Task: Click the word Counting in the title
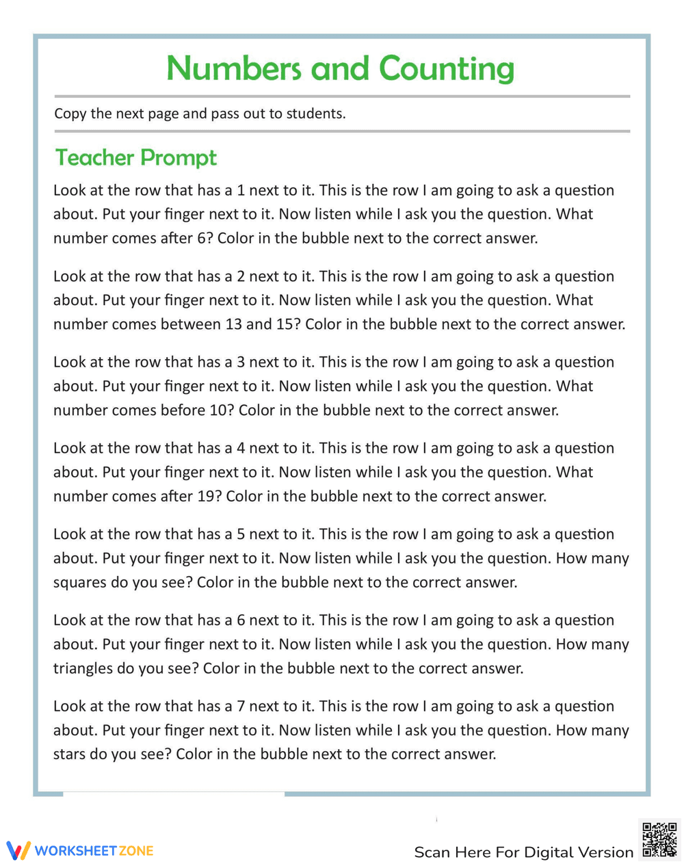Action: tap(446, 68)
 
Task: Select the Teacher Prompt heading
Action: tap(135, 157)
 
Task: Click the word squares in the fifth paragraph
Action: tap(80, 583)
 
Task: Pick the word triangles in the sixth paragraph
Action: tap(83, 668)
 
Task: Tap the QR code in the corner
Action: tap(659, 839)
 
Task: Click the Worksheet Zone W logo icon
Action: tap(18, 850)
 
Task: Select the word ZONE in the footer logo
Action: tap(135, 851)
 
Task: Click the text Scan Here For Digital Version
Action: tap(523, 852)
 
